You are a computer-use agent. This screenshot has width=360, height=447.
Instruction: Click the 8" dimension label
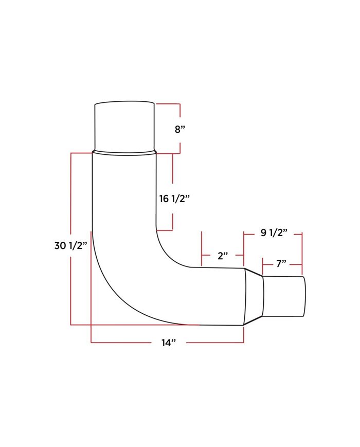[x=179, y=129]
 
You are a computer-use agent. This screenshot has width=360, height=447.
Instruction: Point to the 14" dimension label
[x=168, y=342]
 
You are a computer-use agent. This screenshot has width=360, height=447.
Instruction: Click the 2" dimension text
[x=222, y=255]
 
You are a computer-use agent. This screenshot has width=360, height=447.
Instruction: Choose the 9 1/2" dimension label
[x=273, y=233]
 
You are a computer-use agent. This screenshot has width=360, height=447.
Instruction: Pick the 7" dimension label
[x=281, y=264]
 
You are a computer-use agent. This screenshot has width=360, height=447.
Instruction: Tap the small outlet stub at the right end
[x=284, y=297]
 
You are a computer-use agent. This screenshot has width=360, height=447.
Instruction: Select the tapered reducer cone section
[x=254, y=296]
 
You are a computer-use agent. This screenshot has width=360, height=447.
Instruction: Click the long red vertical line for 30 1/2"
[x=70, y=288]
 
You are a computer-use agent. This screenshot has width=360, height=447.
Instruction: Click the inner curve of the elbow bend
[x=165, y=252]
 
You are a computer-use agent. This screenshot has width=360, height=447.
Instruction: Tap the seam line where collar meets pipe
[x=124, y=152]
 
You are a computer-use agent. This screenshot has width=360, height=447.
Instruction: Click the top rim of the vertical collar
[x=124, y=102]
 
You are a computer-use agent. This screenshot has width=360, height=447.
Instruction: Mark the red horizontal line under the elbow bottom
[x=134, y=325]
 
